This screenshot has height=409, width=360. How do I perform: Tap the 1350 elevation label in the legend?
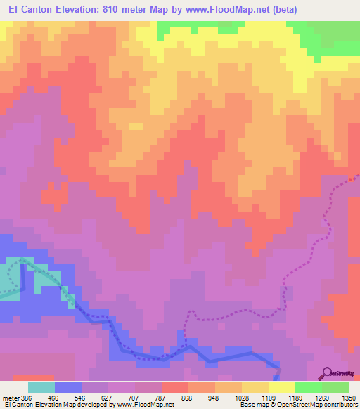click(349, 397)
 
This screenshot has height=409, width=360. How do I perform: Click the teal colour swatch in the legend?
click(41, 387)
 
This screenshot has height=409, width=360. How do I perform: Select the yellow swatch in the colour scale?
click(282, 387)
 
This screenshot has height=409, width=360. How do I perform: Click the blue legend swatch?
click(68, 387)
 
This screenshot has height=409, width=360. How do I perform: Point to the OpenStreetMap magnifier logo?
click(327, 374)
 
